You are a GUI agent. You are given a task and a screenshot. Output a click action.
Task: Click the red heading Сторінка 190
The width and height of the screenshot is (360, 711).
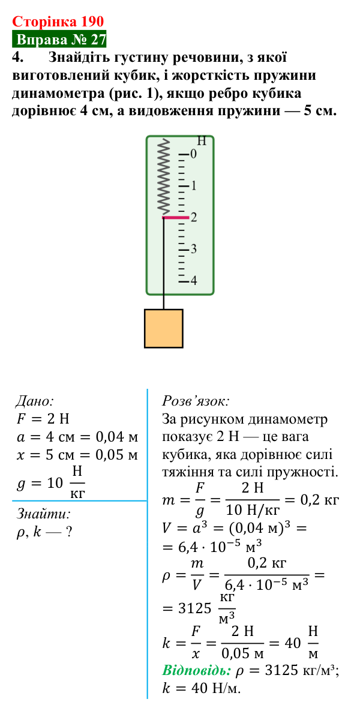click(58, 21)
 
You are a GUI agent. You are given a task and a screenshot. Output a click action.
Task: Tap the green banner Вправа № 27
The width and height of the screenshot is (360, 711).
click(59, 40)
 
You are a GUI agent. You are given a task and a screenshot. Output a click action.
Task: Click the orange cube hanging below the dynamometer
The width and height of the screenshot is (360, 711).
click(164, 328)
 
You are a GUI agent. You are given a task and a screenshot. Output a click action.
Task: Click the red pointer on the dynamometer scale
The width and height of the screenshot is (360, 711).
click(175, 218)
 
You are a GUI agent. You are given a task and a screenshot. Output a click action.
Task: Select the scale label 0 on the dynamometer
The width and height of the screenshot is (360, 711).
click(193, 154)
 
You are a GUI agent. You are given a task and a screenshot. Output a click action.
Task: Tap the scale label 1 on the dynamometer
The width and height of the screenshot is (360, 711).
click(193, 186)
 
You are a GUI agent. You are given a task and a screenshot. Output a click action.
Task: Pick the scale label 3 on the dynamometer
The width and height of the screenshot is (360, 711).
click(193, 249)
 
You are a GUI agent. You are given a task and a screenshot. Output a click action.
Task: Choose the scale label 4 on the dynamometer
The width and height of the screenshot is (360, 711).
click(193, 280)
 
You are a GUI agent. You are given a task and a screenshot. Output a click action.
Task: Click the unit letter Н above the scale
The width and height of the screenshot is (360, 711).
click(202, 141)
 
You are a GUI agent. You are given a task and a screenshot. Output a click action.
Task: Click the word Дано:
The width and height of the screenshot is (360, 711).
click(35, 401)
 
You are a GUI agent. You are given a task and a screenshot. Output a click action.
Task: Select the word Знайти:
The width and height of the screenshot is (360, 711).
click(44, 514)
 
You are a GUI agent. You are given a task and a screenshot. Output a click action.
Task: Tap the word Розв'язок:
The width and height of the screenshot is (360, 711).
click(196, 401)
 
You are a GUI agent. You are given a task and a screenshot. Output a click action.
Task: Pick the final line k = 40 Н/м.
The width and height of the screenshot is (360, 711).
click(202, 688)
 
